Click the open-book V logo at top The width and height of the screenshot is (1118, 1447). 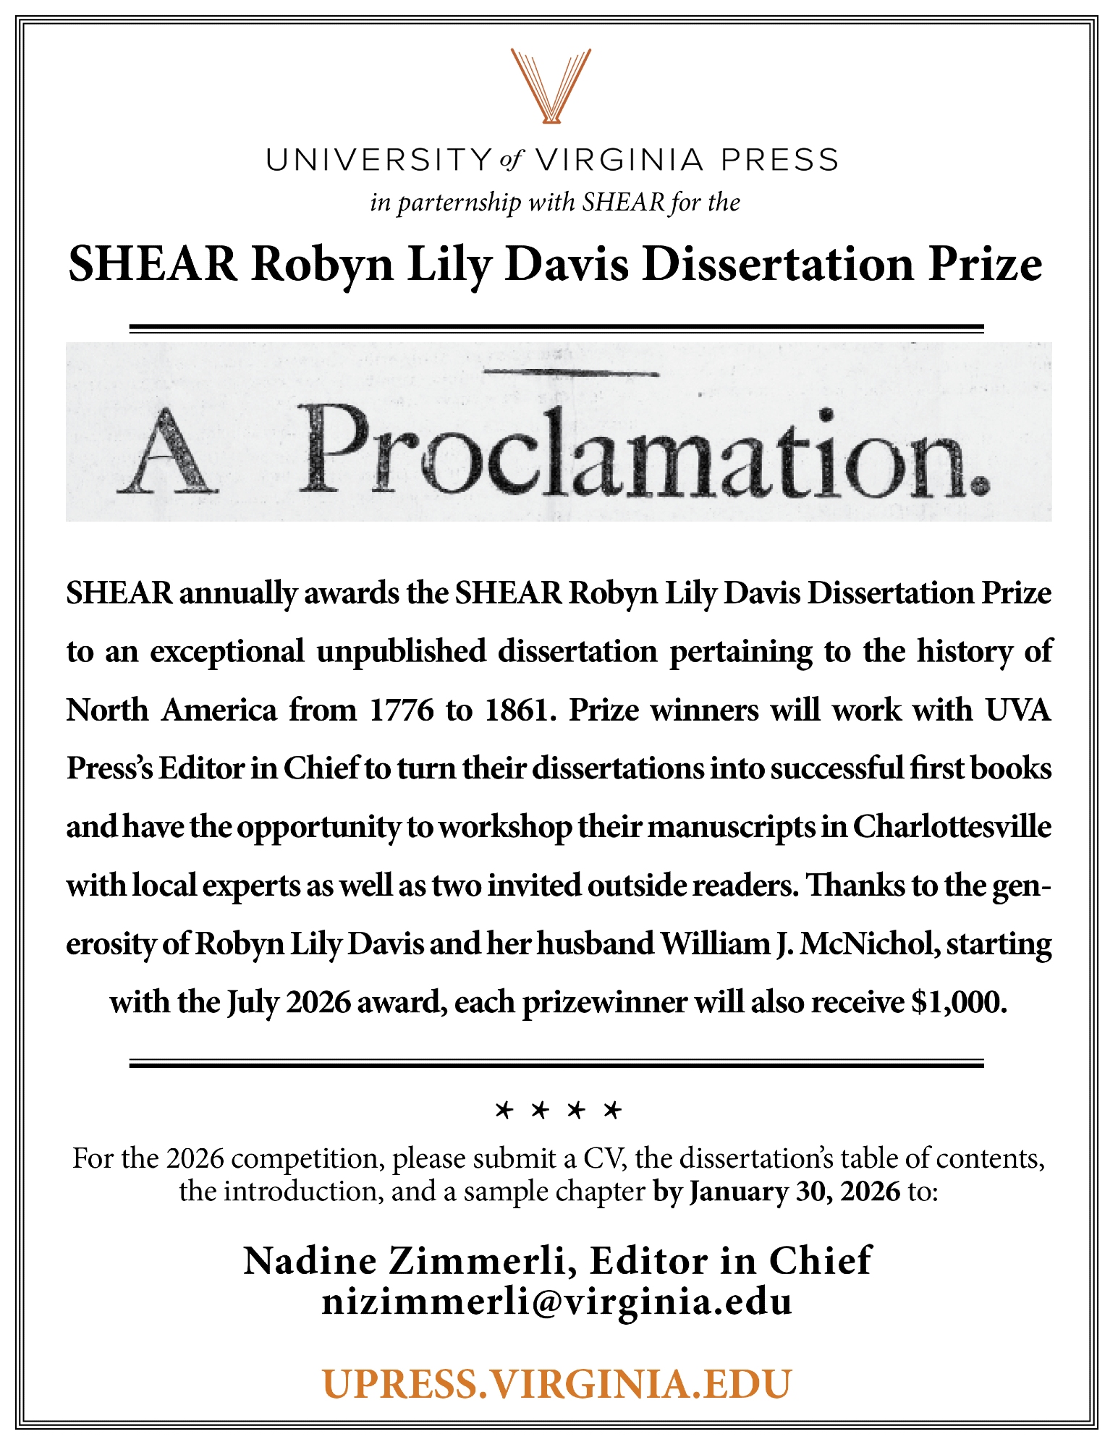point(551,85)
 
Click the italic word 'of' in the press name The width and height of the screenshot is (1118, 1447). point(511,160)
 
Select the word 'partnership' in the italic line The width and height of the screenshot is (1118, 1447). point(459,203)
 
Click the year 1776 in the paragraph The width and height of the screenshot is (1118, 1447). point(401,710)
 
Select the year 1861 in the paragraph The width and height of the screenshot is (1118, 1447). point(517,710)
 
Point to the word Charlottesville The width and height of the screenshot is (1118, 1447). point(952,827)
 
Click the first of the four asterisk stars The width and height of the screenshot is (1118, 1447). point(504,1110)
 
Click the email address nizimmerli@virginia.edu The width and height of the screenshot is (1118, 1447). point(557,1302)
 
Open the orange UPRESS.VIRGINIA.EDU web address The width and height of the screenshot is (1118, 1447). point(557,1383)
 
